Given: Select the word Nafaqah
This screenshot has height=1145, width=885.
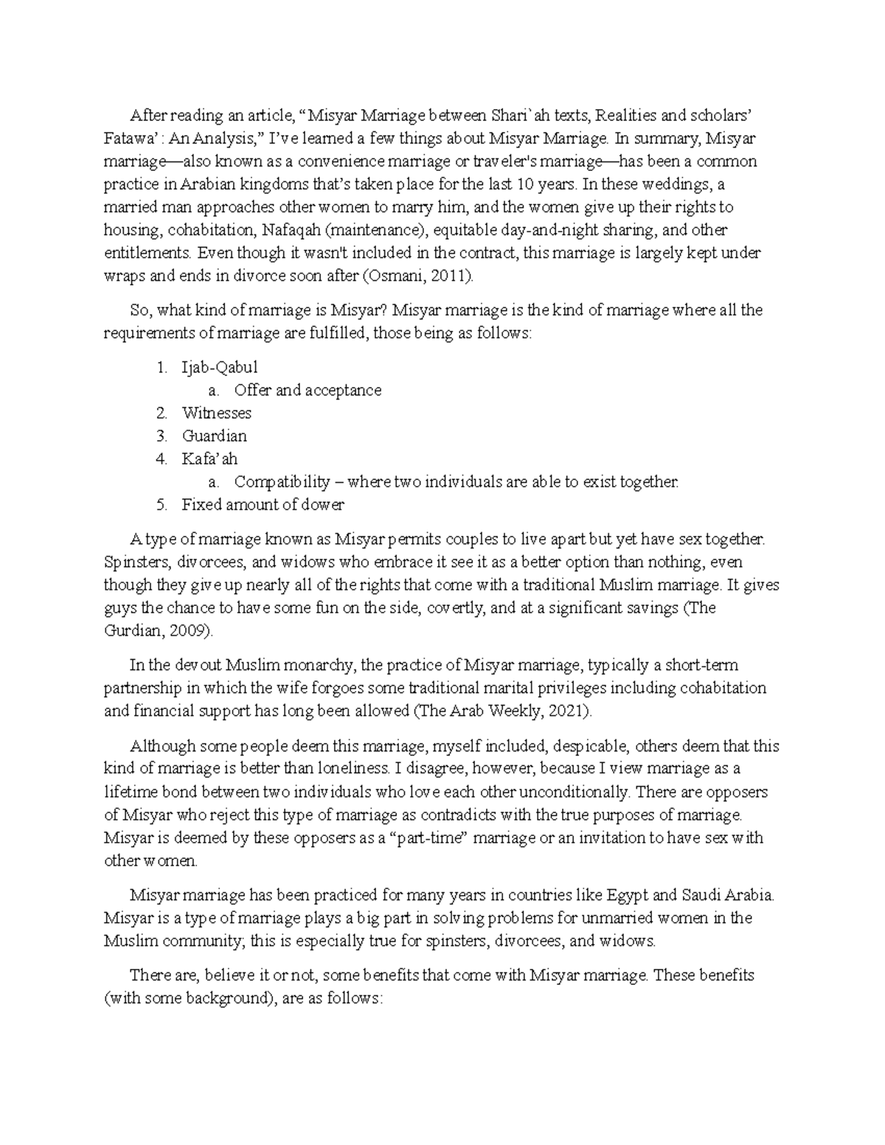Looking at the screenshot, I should coord(289,230).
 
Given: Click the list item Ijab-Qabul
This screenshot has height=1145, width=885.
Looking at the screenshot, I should coord(220,367).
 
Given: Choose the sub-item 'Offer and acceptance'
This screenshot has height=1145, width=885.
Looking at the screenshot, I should coord(308,390).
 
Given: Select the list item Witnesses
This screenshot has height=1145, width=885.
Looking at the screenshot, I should coord(217,413).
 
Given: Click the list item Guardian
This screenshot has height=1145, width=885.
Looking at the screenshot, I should coord(215,436).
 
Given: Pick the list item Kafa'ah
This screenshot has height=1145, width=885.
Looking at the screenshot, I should coord(209,459).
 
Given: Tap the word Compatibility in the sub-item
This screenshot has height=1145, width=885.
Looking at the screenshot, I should coord(282,482).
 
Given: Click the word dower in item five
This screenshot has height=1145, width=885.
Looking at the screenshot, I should coord(323,505).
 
